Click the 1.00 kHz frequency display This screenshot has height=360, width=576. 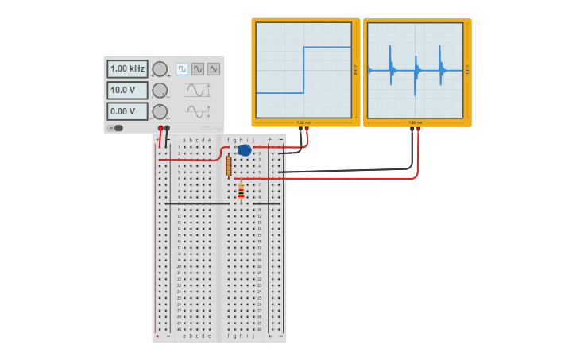(x=127, y=69)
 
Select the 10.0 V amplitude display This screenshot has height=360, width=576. (x=127, y=91)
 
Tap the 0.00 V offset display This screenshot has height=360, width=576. (x=127, y=112)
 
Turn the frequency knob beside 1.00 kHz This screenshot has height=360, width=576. (x=160, y=69)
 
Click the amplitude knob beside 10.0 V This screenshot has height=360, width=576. (x=160, y=91)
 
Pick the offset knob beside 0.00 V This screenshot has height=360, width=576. (x=160, y=111)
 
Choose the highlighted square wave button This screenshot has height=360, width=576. (x=182, y=69)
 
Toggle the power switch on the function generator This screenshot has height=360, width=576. (x=116, y=128)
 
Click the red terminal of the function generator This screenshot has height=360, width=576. (x=160, y=128)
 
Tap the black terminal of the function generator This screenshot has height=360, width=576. (x=167, y=128)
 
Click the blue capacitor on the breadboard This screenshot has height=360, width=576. (x=245, y=150)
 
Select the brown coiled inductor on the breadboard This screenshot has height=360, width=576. (x=229, y=165)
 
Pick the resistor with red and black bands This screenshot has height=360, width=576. (x=241, y=192)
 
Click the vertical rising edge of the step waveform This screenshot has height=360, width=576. (x=303, y=70)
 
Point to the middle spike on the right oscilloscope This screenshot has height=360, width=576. (x=416, y=70)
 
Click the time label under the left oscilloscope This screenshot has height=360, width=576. (x=303, y=122)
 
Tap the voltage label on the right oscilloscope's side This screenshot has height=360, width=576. (x=467, y=70)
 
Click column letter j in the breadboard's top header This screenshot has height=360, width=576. (x=253, y=140)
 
